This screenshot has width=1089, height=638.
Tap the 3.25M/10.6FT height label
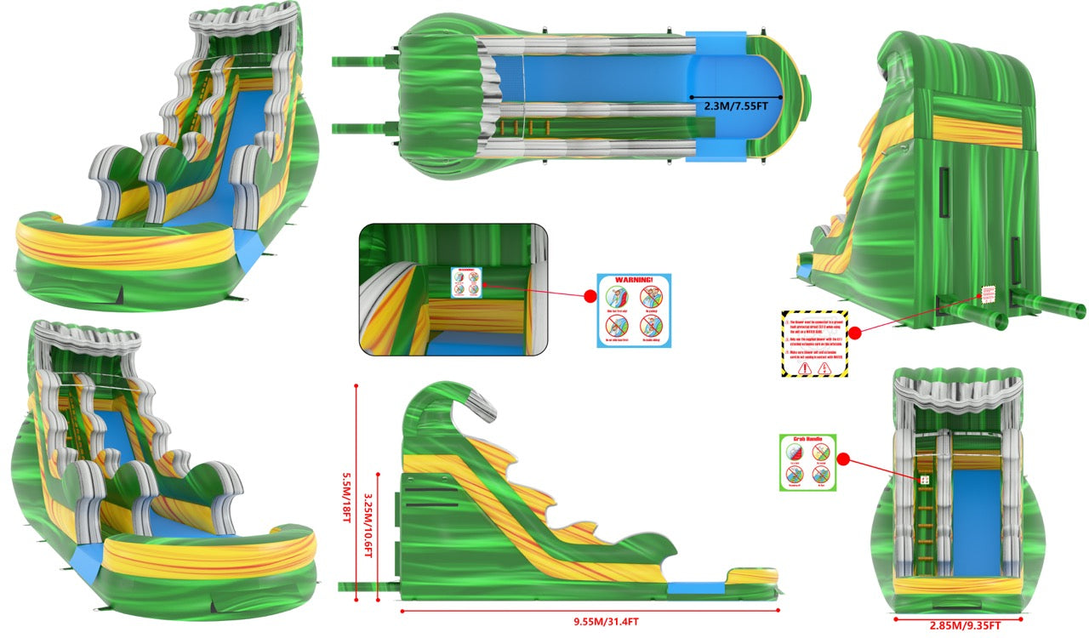[368, 527]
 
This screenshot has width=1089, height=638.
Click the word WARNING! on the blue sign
[633, 280]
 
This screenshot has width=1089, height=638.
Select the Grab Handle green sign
[807, 462]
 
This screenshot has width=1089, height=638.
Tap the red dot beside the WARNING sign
[589, 297]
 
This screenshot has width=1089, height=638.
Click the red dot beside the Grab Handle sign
[844, 459]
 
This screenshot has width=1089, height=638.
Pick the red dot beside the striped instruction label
[856, 333]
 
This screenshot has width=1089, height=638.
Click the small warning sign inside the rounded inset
[465, 283]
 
